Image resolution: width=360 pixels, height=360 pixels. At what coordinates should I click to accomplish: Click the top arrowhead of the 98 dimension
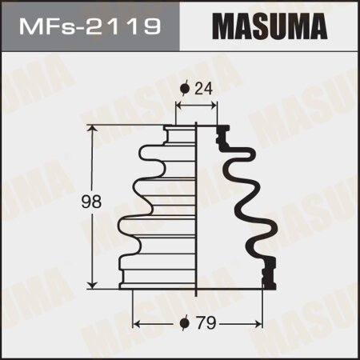(96, 128)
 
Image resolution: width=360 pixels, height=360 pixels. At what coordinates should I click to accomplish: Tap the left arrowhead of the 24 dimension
(178, 106)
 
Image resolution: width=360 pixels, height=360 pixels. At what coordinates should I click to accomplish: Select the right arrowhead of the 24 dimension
(215, 106)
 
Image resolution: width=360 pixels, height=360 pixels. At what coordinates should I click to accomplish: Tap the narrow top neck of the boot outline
(181, 133)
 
